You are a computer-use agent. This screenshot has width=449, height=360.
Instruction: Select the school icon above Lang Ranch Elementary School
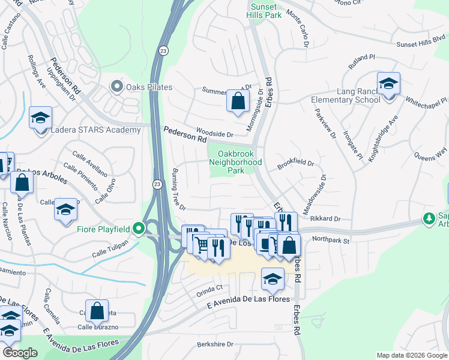(x=388, y=83)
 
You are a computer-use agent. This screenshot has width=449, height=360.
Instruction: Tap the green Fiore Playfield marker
(x=139, y=229)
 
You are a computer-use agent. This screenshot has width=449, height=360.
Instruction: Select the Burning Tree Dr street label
(x=179, y=188)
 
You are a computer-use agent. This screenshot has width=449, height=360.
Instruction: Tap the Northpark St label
(x=331, y=241)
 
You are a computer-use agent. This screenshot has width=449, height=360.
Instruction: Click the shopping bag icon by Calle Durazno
(x=96, y=311)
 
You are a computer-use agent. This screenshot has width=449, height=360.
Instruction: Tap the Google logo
(x=20, y=353)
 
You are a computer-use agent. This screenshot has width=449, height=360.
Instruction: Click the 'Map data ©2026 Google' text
(x=411, y=355)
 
